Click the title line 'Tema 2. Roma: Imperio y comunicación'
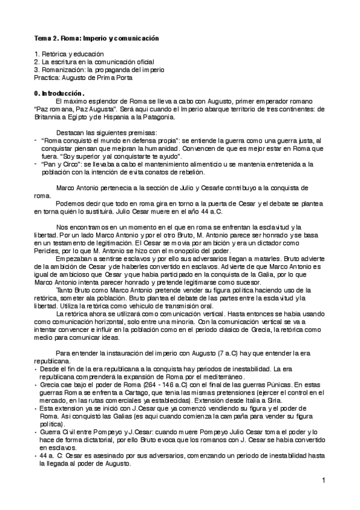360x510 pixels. pyautogui.click(x=96, y=38)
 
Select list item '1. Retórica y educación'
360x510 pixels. pyautogui.click(x=66, y=54)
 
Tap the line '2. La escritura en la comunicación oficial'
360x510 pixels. pyautogui.click(x=94, y=62)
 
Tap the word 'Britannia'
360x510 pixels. pyautogui.click(x=49, y=117)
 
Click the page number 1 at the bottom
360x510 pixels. pyautogui.click(x=323, y=481)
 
